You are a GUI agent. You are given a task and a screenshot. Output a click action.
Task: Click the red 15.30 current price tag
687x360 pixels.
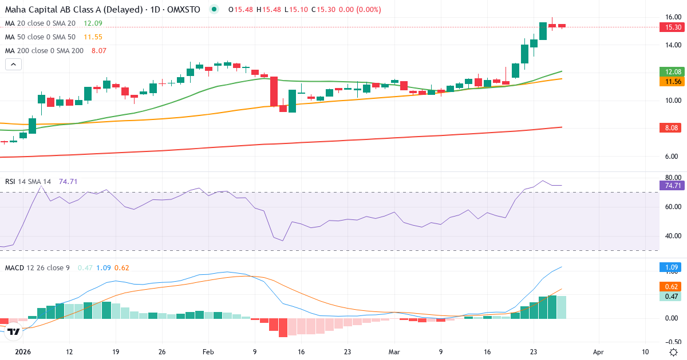(x=671, y=27)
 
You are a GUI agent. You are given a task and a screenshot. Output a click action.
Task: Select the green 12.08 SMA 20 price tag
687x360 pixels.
(x=671, y=72)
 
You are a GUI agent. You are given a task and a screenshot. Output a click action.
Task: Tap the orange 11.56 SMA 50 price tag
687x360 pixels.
(x=671, y=82)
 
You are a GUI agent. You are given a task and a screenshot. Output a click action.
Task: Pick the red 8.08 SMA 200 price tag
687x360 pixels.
(x=671, y=127)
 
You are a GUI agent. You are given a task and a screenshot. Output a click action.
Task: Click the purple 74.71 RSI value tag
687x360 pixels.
(x=671, y=185)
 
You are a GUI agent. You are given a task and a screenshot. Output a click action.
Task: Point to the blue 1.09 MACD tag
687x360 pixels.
(x=671, y=267)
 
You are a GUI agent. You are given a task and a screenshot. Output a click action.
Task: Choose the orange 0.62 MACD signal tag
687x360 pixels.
(x=671, y=286)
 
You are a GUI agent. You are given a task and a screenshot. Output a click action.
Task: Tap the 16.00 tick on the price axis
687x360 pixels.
(x=673, y=17)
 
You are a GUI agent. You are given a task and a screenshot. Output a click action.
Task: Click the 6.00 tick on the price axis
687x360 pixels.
(x=673, y=156)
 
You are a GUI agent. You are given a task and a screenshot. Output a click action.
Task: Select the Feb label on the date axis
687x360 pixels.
(x=208, y=352)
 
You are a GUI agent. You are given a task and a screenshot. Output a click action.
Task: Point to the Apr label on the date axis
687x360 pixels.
(x=598, y=352)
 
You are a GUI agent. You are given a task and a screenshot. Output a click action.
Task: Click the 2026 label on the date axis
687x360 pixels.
(x=23, y=352)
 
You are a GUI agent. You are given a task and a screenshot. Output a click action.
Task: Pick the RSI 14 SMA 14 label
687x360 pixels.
(x=28, y=182)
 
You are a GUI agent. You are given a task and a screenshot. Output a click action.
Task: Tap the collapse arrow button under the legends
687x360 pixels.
(x=13, y=65)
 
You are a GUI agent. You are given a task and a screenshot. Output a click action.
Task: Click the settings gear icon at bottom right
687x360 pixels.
(x=674, y=352)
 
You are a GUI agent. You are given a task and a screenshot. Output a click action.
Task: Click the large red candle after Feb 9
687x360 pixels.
(x=274, y=91)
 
